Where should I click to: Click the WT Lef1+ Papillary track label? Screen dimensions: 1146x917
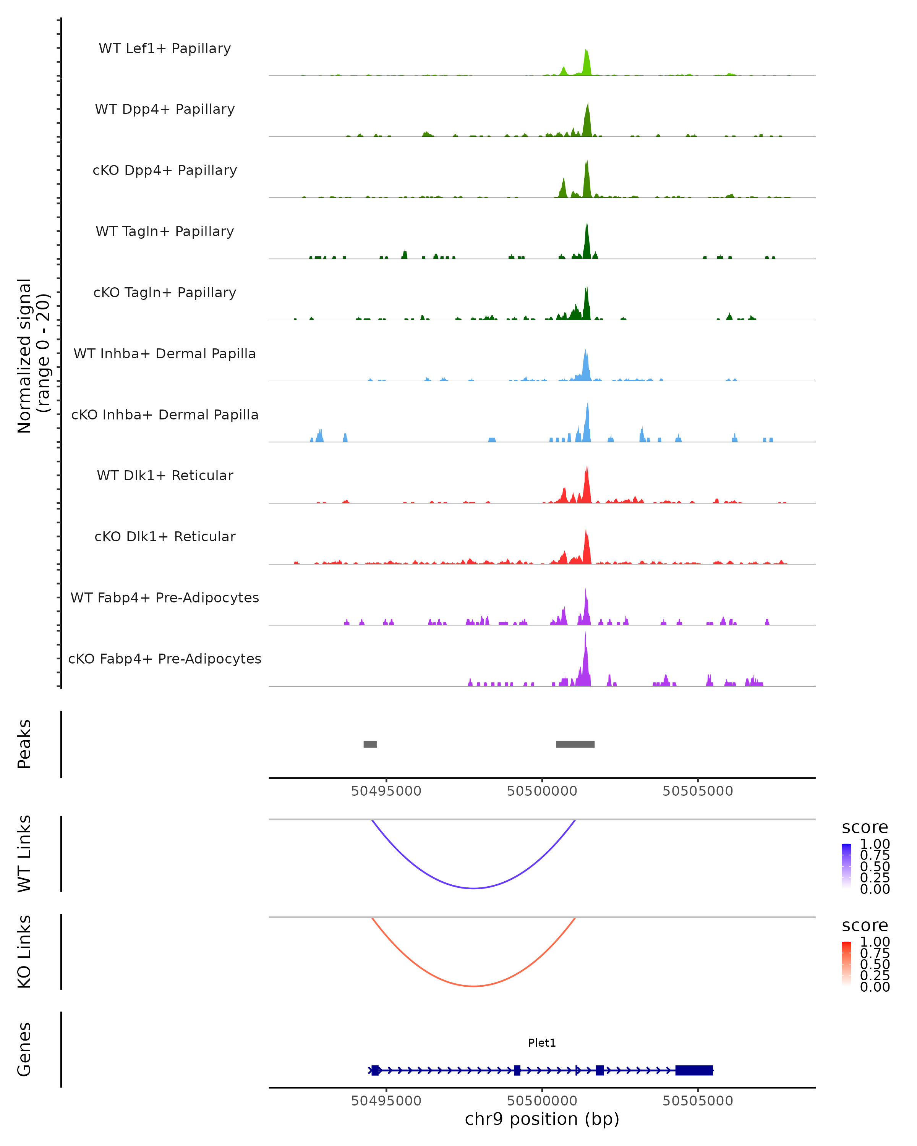tap(165, 49)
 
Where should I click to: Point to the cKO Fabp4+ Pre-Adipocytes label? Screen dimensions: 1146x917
tap(165, 659)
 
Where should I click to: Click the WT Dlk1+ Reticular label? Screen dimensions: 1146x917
tap(165, 475)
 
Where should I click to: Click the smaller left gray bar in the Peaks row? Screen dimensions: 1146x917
tap(370, 744)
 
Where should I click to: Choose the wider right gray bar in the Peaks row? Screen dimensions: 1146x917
tap(575, 744)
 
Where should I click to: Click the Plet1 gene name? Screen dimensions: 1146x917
tap(542, 1043)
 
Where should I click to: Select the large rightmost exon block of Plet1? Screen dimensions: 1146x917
tap(694, 1070)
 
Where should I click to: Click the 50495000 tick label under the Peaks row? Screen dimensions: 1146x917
tap(386, 791)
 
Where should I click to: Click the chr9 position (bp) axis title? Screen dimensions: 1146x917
tap(542, 1119)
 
